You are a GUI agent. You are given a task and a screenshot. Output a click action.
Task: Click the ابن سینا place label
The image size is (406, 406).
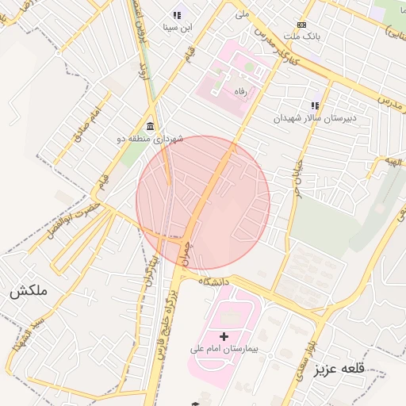[178, 27]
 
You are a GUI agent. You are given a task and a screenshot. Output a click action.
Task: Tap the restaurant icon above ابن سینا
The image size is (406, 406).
[176, 15]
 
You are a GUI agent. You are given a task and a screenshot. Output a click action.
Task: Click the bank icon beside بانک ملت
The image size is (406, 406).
[301, 25]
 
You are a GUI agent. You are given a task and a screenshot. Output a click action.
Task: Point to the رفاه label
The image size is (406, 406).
[239, 92]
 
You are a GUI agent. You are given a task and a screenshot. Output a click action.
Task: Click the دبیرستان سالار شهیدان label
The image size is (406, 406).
[315, 118]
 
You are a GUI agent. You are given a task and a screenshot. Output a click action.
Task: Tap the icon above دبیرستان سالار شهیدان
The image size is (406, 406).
[315, 105]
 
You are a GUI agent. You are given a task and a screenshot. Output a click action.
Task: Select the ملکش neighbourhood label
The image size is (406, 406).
[29, 291]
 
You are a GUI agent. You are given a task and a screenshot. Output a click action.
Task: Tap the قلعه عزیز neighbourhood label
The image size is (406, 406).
[342, 370]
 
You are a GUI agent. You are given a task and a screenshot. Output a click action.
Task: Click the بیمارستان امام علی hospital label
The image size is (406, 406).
[224, 348]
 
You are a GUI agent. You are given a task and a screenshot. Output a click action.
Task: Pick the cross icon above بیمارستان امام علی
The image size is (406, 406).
[224, 336]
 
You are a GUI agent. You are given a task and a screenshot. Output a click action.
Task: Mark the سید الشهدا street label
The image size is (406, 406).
[28, 337]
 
